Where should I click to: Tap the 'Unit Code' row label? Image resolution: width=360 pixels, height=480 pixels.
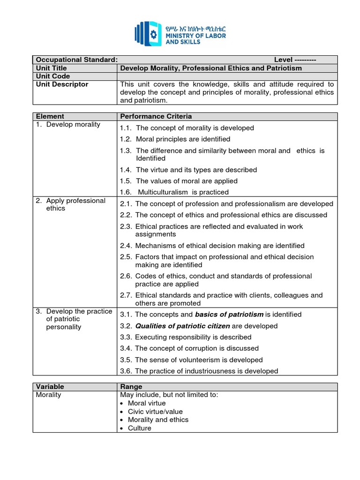pos(53,76)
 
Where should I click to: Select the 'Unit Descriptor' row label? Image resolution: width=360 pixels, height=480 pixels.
pos(62,84)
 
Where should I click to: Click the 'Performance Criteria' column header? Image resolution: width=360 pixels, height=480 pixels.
pos(156,116)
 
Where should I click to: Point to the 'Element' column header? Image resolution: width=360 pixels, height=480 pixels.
pos(50,116)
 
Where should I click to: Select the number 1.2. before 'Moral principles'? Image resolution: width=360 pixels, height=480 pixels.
pos(126,139)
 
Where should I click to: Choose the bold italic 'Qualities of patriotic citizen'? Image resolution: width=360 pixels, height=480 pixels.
pos(183,326)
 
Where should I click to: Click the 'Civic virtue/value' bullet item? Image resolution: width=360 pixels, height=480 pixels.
pos(155,412)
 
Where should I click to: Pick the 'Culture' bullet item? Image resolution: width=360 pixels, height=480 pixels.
pos(140,428)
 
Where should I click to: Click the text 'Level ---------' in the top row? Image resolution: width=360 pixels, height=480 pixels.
pos(295,60)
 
